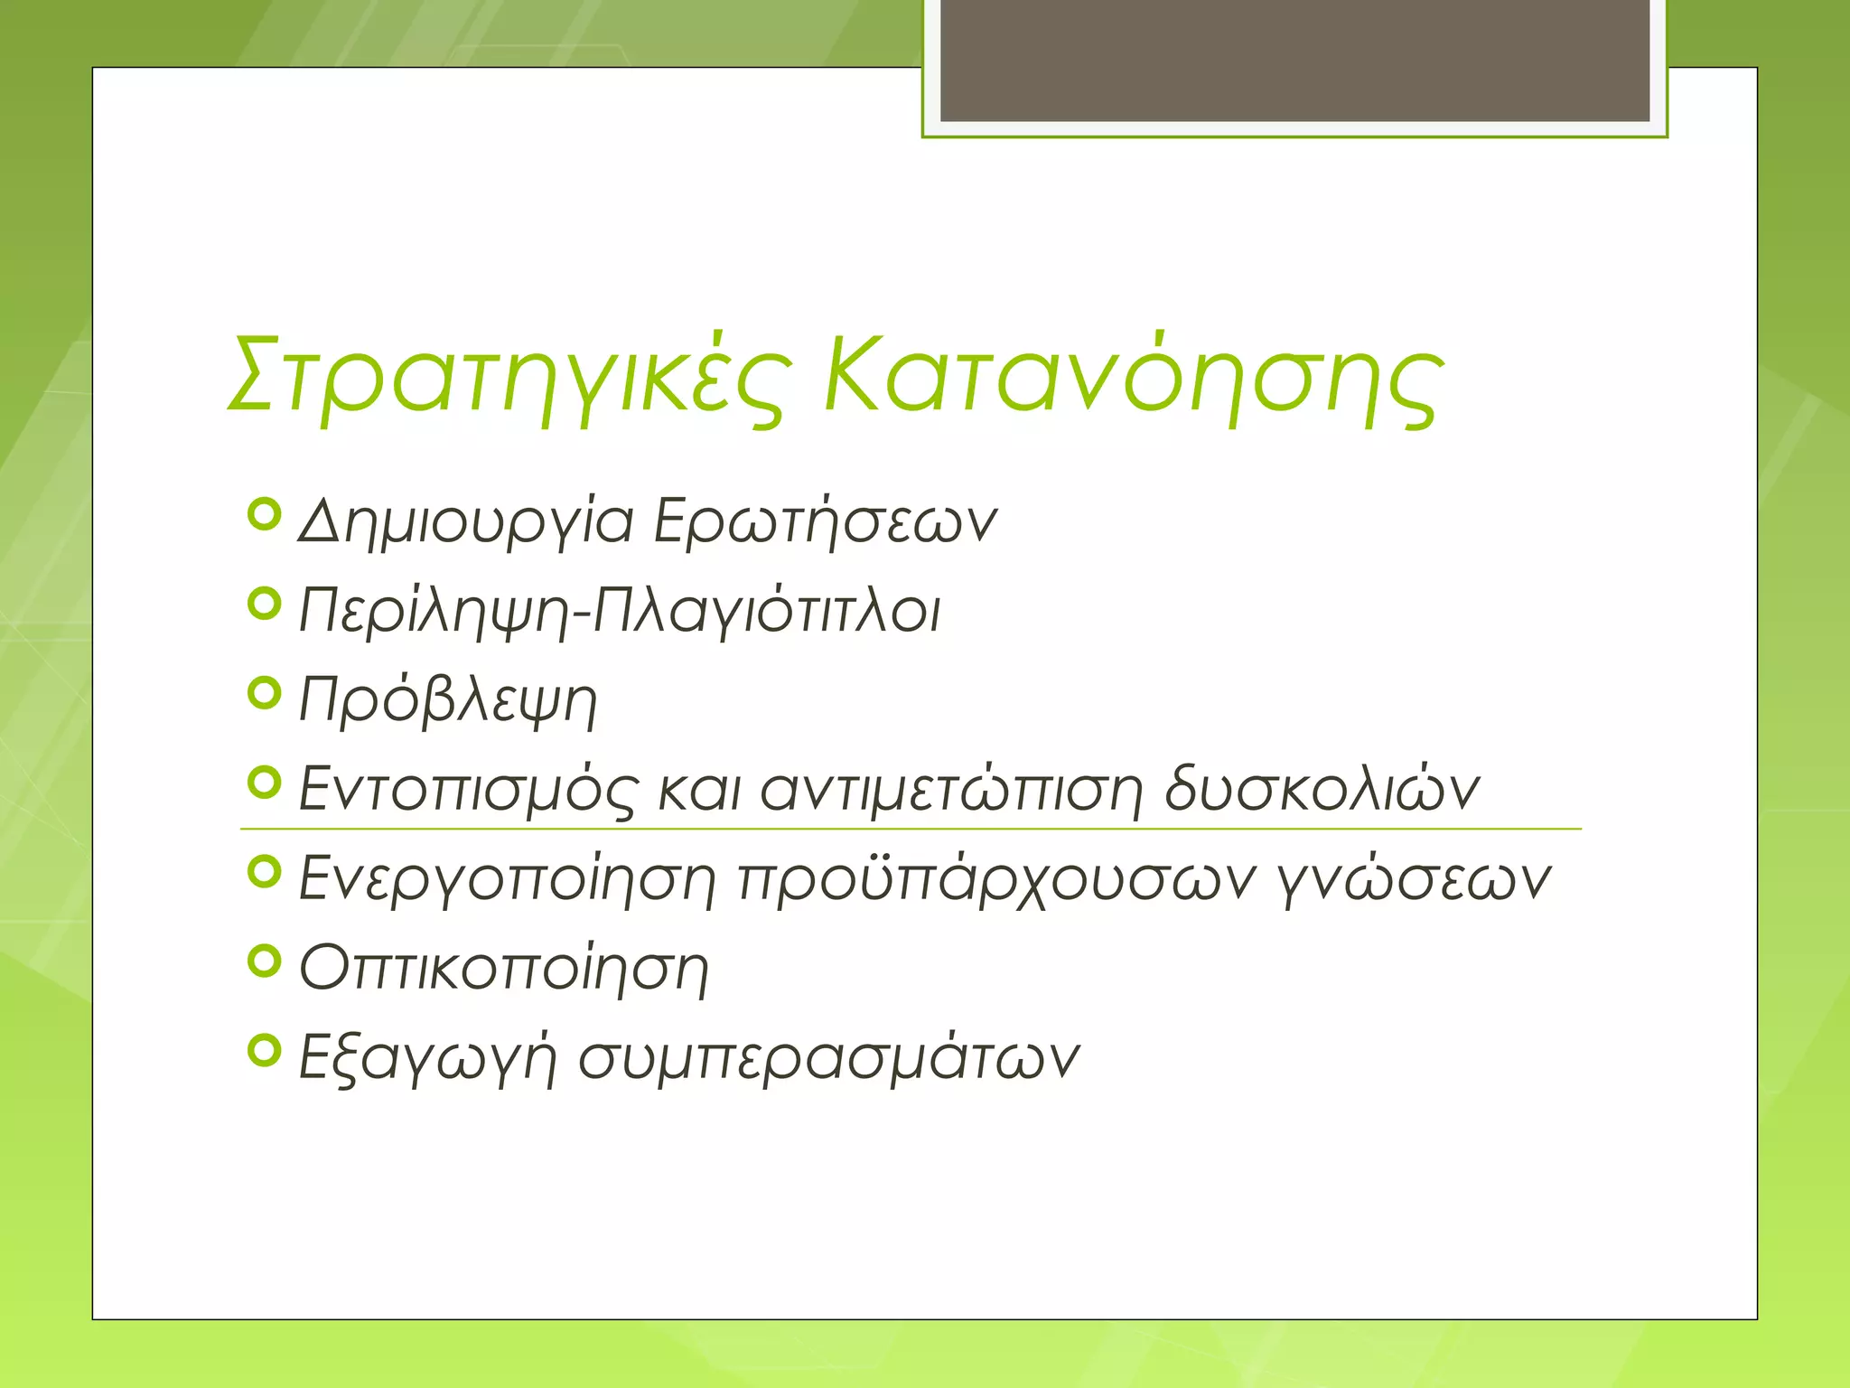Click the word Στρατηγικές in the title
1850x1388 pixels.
[510, 378]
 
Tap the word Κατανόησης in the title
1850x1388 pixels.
[1134, 378]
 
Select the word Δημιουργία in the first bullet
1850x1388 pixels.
[466, 522]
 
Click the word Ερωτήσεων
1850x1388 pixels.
[825, 522]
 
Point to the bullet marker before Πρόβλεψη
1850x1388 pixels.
[264, 694]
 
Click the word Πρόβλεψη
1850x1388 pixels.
[448, 701]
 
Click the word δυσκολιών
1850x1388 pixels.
[1322, 788]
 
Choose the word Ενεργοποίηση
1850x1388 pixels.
[507, 878]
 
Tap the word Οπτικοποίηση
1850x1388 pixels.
[504, 968]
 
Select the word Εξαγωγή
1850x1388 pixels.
[426, 1057]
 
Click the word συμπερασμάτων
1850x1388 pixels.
[828, 1057]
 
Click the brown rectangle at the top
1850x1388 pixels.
[1294, 60]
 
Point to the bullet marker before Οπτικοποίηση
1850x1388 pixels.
[264, 961]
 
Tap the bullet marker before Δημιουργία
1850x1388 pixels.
[264, 515]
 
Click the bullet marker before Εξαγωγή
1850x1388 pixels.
[264, 1050]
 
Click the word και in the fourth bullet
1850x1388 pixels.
[699, 788]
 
